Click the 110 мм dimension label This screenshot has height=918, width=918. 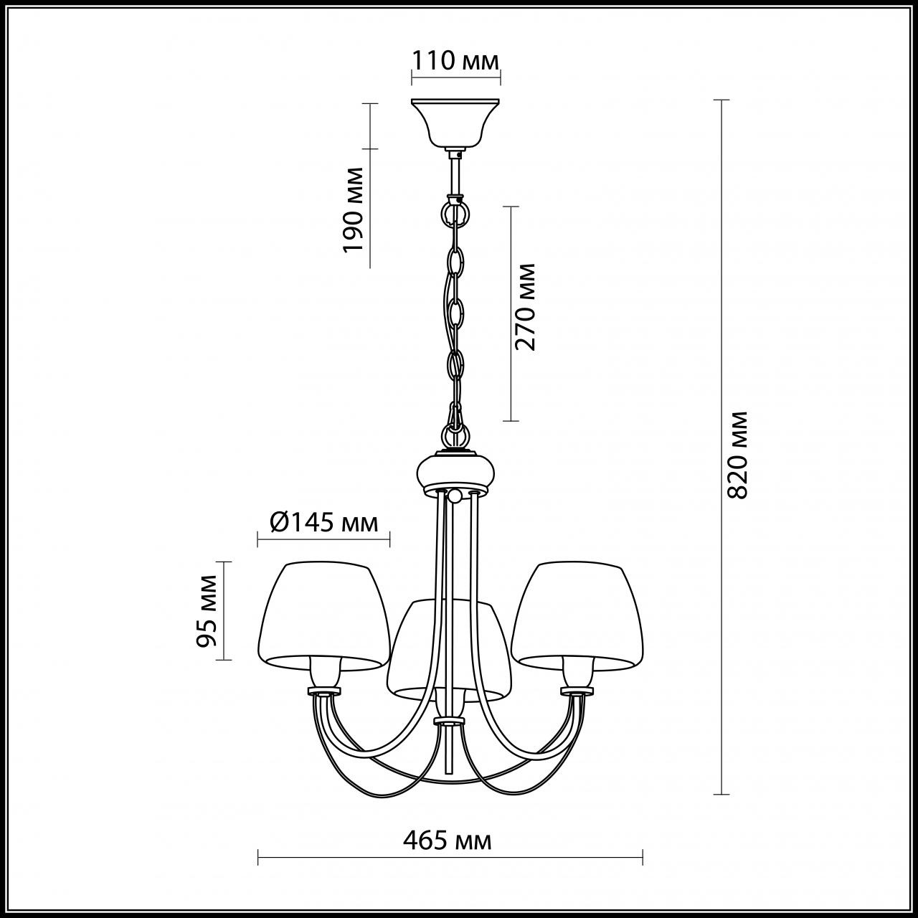point(455,62)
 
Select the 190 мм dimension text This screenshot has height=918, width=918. point(354,209)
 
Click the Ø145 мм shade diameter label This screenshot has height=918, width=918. point(324,524)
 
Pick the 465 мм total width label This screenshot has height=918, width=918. point(448,841)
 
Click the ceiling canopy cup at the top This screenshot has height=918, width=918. point(455,124)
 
